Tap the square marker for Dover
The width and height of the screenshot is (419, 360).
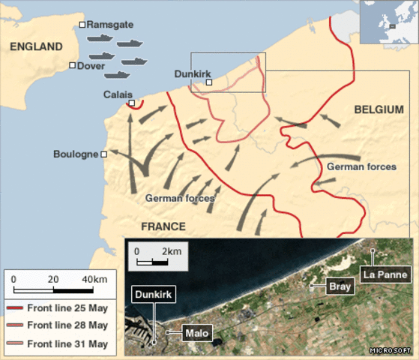coord(72,65)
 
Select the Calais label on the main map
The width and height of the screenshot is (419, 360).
coord(115,94)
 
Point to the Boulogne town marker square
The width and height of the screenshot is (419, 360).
coord(103,154)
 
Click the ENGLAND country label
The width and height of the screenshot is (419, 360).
coord(36,46)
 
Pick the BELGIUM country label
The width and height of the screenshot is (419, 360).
coord(379,109)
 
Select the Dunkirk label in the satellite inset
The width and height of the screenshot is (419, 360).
coord(153,295)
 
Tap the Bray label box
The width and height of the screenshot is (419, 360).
coord(340,286)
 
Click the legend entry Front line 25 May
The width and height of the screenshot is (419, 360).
coord(67,308)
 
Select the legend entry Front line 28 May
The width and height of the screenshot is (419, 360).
coord(67,325)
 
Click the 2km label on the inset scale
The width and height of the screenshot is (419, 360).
coord(171,250)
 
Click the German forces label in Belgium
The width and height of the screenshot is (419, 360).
coord(361,166)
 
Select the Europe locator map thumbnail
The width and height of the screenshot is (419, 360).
coord(388,22)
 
